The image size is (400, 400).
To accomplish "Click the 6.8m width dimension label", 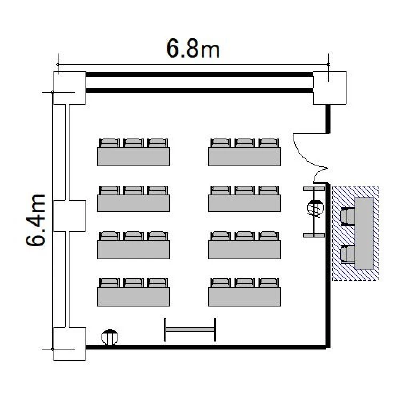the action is click(x=193, y=49).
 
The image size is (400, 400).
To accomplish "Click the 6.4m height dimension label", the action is click(x=36, y=220).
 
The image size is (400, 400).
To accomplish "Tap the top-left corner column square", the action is click(x=70, y=88).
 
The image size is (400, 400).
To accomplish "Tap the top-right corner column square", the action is click(x=330, y=88).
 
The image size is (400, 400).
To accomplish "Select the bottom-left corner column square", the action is click(x=70, y=343).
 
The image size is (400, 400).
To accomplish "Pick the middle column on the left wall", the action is click(x=70, y=216).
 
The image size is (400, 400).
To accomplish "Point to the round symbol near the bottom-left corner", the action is click(x=110, y=337).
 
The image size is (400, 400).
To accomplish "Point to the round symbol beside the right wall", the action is click(x=316, y=208).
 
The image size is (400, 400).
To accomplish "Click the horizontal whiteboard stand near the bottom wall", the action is click(x=190, y=330).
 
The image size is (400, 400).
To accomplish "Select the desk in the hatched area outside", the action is click(x=364, y=233).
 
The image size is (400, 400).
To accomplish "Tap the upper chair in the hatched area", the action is click(x=347, y=217).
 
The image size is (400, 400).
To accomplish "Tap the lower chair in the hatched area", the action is click(x=347, y=254).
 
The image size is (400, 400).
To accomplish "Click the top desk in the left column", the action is click(x=133, y=157).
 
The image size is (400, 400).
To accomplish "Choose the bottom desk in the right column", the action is click(x=244, y=297).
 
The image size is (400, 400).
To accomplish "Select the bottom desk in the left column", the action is click(x=133, y=297).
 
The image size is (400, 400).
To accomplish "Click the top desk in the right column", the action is click(x=244, y=157).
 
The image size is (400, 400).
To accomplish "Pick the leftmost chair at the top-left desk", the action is click(x=109, y=143).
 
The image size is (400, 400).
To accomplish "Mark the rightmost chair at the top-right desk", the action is click(x=269, y=143).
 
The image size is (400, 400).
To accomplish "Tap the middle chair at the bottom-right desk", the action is click(x=245, y=283).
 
